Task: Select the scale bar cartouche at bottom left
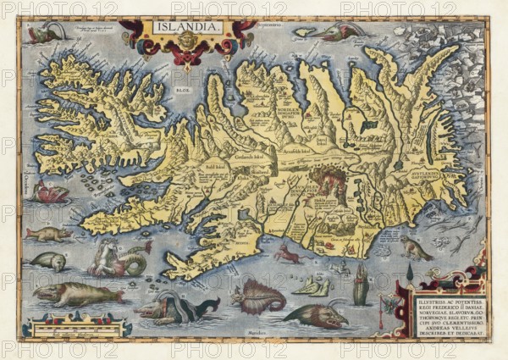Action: [76, 326]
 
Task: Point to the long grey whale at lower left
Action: [76, 294]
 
